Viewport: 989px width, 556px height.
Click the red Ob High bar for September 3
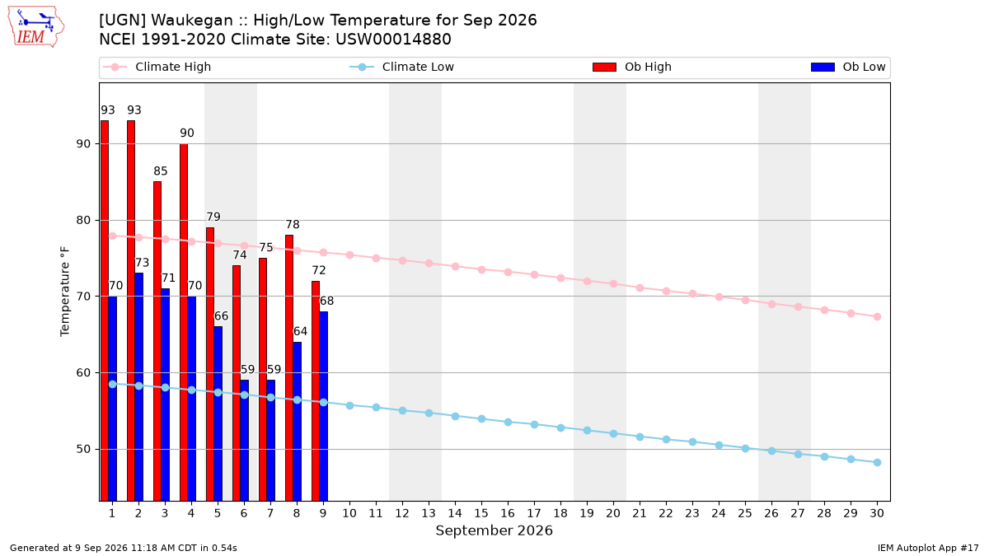(x=157, y=341)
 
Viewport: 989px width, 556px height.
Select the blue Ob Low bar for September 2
(x=138, y=387)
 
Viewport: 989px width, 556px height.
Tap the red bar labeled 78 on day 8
(x=289, y=368)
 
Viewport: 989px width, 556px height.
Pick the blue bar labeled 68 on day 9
(x=324, y=406)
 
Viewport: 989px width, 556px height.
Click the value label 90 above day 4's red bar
(x=187, y=133)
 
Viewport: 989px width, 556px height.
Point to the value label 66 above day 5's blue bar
(x=221, y=316)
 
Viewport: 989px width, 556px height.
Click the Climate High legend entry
(x=157, y=67)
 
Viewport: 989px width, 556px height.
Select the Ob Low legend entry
(x=848, y=67)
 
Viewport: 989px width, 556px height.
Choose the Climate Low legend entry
(x=402, y=67)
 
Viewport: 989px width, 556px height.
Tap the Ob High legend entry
(x=632, y=67)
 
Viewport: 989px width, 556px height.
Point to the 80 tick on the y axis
(x=83, y=220)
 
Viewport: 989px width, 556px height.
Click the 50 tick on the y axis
(x=83, y=449)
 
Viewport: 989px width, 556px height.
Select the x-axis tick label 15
(x=481, y=513)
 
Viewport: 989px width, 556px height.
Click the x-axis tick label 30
(x=877, y=513)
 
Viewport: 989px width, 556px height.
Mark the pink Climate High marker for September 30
(x=877, y=317)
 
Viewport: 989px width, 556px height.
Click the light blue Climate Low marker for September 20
(x=613, y=434)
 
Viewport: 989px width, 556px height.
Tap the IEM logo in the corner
(x=36, y=27)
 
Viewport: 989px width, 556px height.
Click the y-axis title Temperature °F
(x=65, y=292)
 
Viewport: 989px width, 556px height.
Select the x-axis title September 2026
(x=494, y=530)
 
